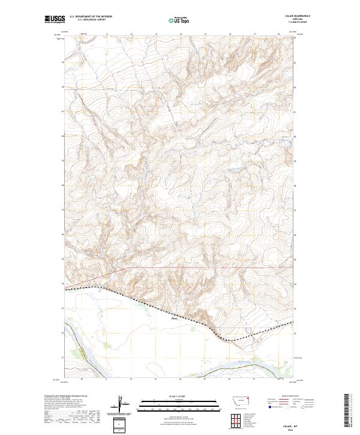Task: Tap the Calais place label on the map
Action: (x=175, y=319)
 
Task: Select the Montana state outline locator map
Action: (x=233, y=400)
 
